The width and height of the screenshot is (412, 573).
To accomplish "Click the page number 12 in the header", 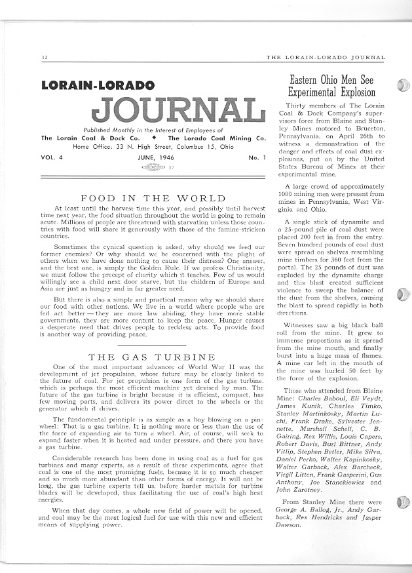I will click(43, 58).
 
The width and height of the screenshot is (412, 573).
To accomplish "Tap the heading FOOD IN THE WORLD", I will click(152, 198).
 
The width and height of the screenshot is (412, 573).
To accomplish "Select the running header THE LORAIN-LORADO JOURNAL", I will click(326, 58).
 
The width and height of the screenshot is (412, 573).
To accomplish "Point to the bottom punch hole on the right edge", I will click(402, 503).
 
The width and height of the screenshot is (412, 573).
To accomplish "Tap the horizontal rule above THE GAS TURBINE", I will click(152, 345).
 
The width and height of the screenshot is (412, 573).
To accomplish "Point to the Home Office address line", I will click(153, 147).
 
